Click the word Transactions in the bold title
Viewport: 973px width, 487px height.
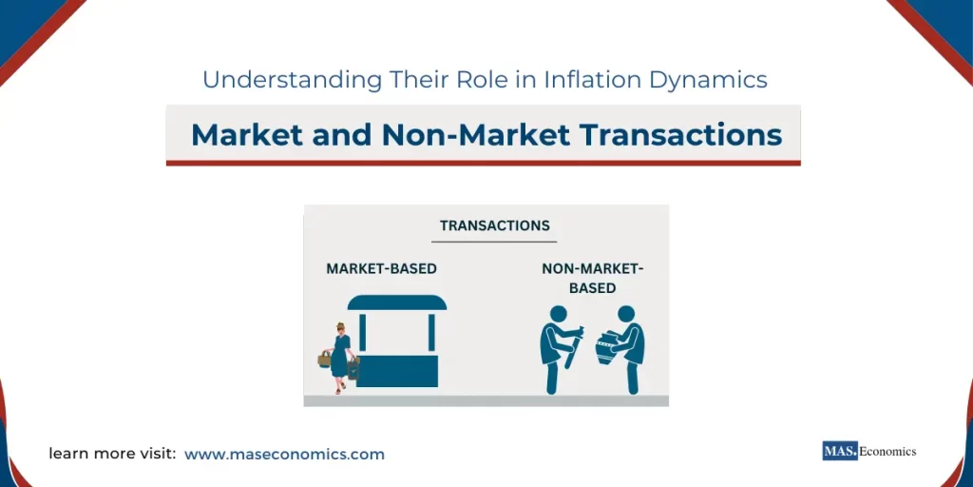[681, 135]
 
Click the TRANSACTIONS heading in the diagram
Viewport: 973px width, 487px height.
[495, 226]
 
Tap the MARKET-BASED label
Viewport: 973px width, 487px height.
[381, 269]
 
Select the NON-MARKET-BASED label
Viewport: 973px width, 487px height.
[592, 278]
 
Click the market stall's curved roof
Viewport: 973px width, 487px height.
[397, 302]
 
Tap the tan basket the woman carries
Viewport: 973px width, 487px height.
[325, 359]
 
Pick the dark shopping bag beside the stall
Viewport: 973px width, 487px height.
[353, 366]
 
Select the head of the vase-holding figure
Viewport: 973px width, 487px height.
[626, 314]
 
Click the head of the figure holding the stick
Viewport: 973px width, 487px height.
[558, 314]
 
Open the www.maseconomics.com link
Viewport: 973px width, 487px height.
[284, 455]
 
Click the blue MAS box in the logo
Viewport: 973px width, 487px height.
[840, 452]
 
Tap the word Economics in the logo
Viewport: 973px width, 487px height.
[887, 452]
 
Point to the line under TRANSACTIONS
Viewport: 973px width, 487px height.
[495, 242]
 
